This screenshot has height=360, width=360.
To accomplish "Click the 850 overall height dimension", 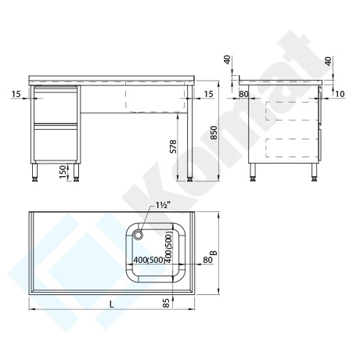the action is [214, 132].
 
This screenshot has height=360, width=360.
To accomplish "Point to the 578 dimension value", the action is [173, 146].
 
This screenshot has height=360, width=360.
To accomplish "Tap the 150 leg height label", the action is [63, 171].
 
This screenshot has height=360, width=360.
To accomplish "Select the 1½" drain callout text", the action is [163, 205].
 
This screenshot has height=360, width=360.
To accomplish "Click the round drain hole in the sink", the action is [138, 234].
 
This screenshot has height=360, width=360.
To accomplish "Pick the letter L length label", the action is [112, 304].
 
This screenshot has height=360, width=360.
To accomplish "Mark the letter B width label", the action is [214, 253].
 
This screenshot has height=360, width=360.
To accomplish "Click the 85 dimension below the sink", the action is [166, 303].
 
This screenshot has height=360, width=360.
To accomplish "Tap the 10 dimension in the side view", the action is [340, 94].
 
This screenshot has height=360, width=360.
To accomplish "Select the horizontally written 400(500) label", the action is [149, 260].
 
